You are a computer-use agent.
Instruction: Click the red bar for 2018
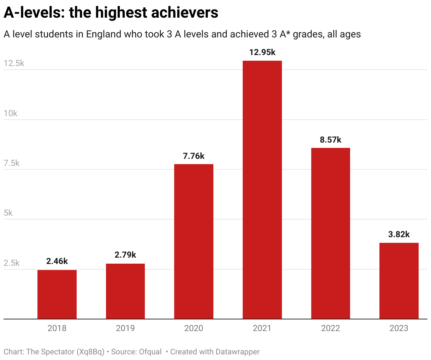(57, 294)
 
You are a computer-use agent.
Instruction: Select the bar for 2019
(125, 291)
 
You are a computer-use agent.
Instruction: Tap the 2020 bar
(194, 241)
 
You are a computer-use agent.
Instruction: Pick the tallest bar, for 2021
(262, 190)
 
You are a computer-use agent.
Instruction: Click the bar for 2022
(331, 233)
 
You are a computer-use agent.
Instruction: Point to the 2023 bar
(399, 281)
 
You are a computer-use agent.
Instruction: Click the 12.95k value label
(262, 52)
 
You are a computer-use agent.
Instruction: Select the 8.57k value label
(331, 140)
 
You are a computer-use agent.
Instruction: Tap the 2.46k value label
(57, 261)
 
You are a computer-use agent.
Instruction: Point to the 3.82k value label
(399, 234)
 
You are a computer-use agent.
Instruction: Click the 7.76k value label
(194, 156)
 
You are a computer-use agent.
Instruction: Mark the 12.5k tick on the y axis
(14, 63)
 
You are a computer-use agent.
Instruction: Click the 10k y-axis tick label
(11, 113)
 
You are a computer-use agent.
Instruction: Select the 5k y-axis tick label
(8, 213)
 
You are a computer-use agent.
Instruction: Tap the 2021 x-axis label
(262, 328)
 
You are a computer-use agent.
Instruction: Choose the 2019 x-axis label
(125, 328)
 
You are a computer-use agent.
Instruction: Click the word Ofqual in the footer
(150, 352)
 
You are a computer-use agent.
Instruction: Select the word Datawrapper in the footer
(237, 352)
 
